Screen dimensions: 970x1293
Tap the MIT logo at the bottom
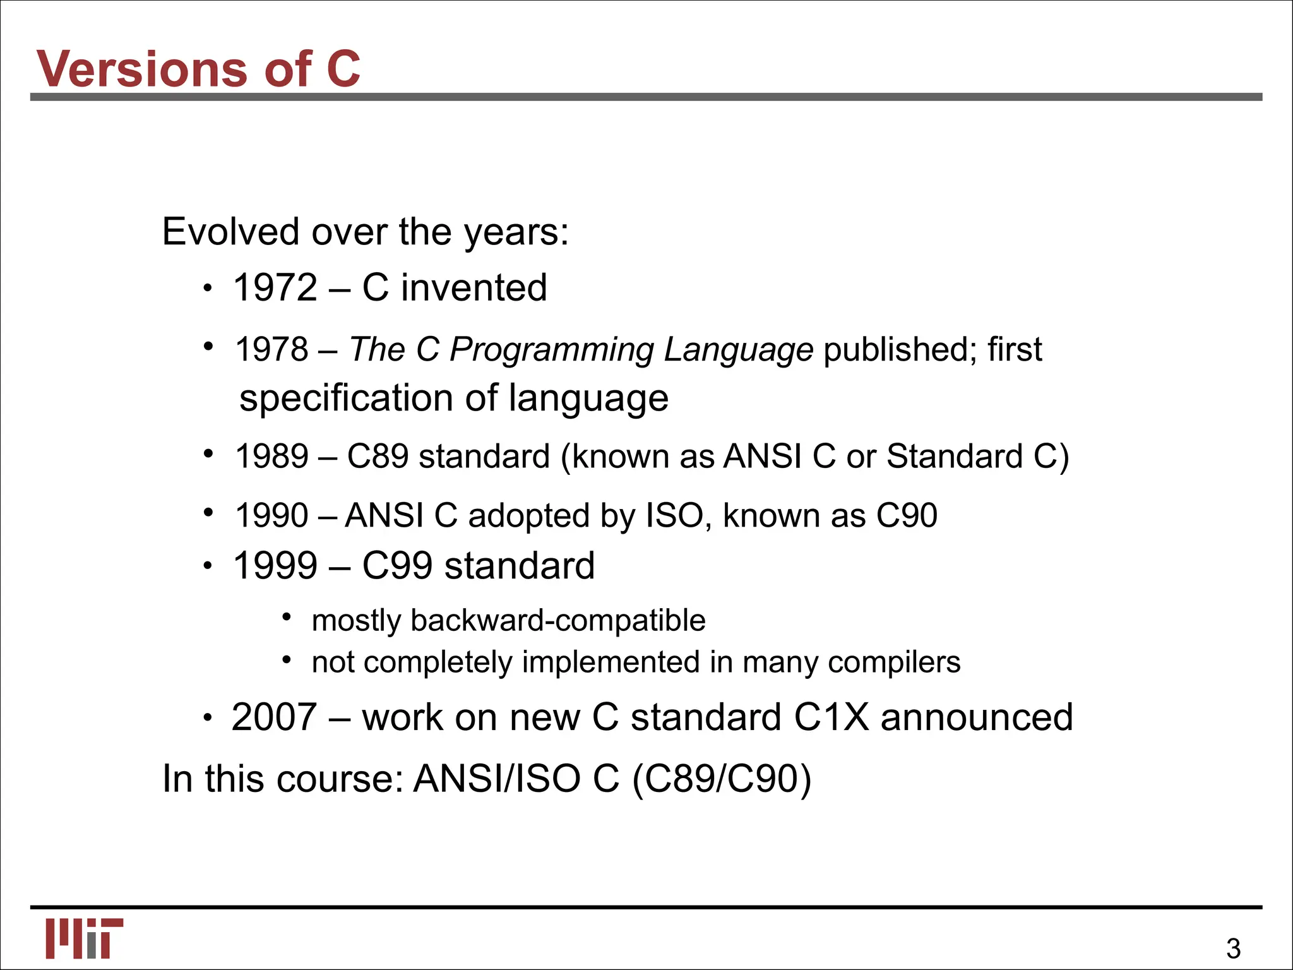coord(84,938)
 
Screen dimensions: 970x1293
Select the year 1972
coord(275,288)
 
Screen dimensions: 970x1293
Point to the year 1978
coord(272,349)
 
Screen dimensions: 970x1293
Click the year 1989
coord(272,456)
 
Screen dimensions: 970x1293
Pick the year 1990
coord(272,515)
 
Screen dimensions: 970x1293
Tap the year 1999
coord(275,565)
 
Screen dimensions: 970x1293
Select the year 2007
coord(274,717)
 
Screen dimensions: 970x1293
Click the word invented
coord(474,288)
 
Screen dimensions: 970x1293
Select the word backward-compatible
coord(557,620)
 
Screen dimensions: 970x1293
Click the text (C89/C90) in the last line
coord(721,779)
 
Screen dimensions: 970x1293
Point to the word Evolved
coord(230,232)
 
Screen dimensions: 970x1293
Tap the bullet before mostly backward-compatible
coord(287,616)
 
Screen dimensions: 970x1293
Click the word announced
coord(976,717)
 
